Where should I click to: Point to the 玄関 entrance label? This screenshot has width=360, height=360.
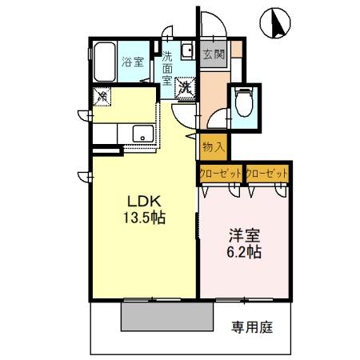(213, 54)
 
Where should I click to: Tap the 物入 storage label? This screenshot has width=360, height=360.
(213, 147)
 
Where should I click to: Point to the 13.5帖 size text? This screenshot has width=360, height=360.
(145, 218)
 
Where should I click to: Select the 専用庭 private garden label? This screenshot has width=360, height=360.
(252, 326)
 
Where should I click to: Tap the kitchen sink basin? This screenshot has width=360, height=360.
(142, 134)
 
